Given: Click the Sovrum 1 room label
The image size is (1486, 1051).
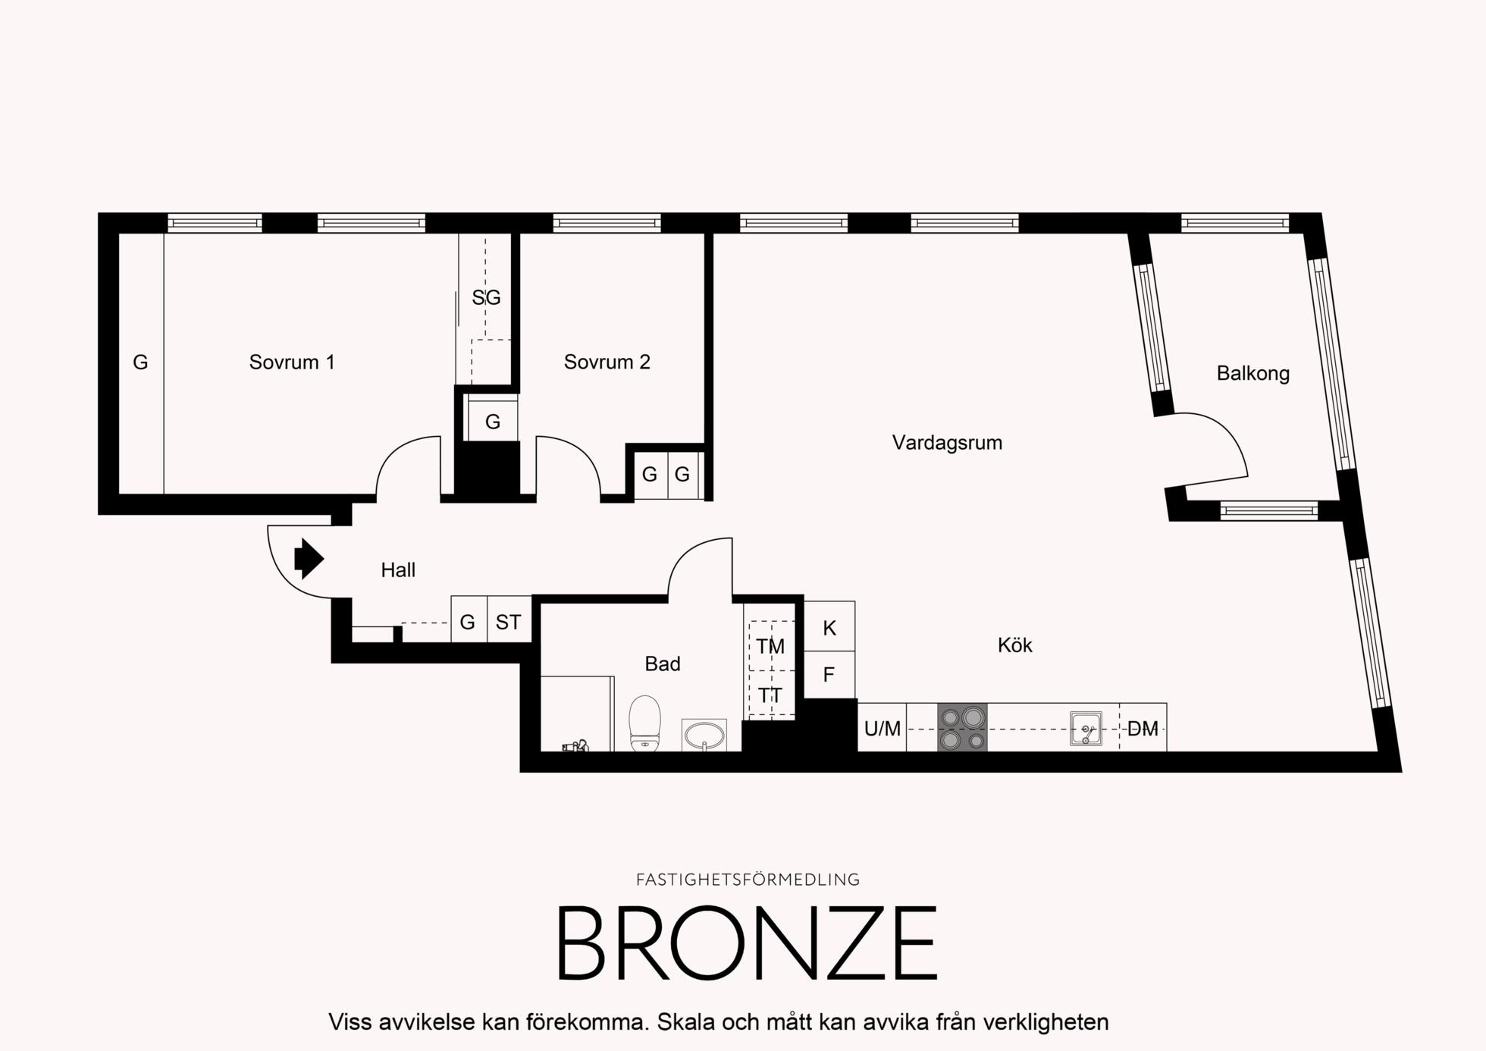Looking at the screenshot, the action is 292,362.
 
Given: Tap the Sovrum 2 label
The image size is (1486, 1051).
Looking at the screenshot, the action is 607,362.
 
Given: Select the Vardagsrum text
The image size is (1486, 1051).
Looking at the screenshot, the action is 947,443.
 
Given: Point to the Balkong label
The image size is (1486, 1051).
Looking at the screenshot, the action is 1252,373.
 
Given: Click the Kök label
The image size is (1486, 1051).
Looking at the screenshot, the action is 1014,645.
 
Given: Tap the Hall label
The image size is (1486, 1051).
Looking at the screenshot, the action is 398,570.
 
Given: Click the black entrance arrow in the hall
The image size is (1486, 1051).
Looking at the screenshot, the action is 309,559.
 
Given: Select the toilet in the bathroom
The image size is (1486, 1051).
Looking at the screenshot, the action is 645,723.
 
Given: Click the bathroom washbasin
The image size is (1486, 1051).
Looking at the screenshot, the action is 704,735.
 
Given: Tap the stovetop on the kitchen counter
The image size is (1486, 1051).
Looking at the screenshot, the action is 962,727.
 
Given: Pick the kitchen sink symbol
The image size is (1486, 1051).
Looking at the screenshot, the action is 1086,728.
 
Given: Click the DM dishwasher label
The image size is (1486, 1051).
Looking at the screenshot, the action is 1143,729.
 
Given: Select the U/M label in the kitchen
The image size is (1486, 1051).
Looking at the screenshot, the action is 883,729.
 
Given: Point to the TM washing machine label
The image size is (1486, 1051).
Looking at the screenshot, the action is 770,647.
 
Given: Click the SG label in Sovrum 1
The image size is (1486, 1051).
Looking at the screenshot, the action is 486,298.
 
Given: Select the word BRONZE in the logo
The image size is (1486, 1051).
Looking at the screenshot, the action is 748,943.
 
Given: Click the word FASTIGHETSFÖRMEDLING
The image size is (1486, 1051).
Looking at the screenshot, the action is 748,880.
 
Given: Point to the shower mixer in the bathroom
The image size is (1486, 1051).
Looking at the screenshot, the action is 575,746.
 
